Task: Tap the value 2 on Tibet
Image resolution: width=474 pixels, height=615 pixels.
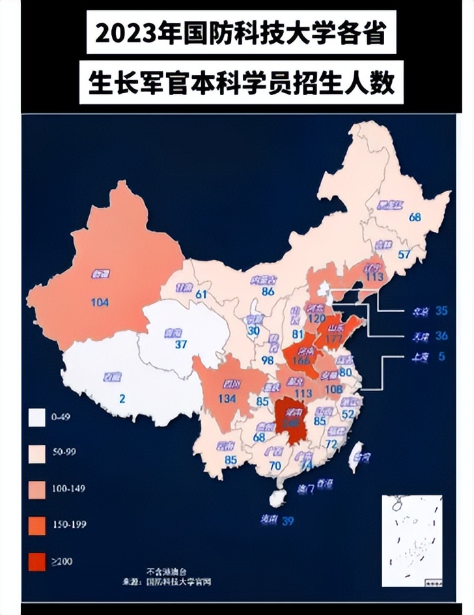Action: (122, 397)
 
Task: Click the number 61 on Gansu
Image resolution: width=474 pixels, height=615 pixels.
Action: (201, 294)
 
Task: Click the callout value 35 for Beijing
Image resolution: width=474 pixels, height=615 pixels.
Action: (441, 311)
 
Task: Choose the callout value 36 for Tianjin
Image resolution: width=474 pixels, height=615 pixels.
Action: (441, 336)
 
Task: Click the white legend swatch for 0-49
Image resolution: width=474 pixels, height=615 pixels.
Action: (37, 416)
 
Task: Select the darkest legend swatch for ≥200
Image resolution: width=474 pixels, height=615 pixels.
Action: (37, 562)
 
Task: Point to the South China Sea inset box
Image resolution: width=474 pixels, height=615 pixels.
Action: (411, 540)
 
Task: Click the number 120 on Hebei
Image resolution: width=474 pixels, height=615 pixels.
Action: (316, 319)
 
